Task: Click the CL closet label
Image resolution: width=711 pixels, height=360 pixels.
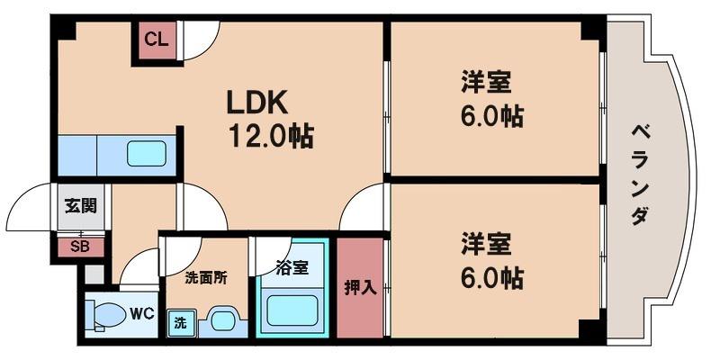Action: (x=157, y=40)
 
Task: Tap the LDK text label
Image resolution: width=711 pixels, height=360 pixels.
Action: (x=256, y=103)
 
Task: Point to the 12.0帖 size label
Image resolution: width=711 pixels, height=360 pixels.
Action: (x=271, y=136)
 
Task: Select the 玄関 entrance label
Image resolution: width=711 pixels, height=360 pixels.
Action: (x=81, y=206)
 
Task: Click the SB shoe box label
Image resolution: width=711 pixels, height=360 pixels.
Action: (x=80, y=247)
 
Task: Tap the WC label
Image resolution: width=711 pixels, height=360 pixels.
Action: (x=142, y=313)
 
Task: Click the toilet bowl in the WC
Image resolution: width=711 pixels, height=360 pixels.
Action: (x=109, y=315)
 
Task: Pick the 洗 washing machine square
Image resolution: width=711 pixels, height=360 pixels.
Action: (x=182, y=323)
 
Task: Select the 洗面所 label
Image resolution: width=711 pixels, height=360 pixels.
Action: (x=206, y=278)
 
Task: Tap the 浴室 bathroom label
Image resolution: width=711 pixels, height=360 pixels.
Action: (x=292, y=268)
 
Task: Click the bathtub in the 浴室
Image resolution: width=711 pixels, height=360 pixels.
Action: (x=292, y=310)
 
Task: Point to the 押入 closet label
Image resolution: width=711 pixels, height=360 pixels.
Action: (x=361, y=288)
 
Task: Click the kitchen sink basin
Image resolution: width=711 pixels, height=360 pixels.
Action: (x=147, y=154)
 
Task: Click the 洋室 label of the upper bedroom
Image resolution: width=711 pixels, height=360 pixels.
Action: (x=487, y=82)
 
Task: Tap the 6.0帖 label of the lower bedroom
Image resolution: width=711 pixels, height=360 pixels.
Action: (x=492, y=277)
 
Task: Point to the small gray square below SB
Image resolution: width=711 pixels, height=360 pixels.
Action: (x=94, y=274)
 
